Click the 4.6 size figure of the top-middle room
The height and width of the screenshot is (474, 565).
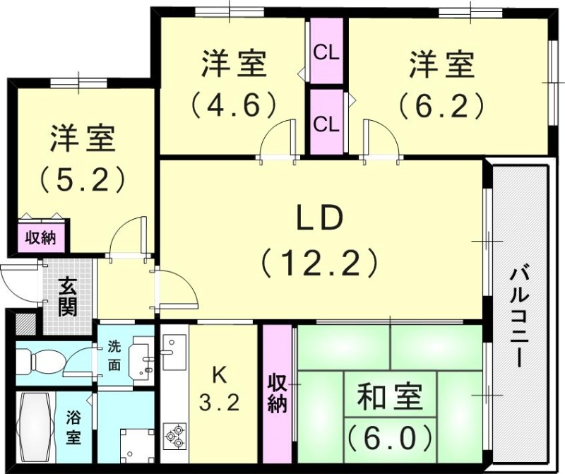pos(232,105)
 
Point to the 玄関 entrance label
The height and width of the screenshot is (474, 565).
pos(69,297)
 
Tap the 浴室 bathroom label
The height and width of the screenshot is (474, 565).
pos(73,427)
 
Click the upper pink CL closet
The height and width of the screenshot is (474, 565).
pos(326,53)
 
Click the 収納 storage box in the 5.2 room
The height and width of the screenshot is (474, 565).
pos(41,237)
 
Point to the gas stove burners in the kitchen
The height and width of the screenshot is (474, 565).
pos(174,435)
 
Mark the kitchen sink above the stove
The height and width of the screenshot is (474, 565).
pos(171,348)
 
